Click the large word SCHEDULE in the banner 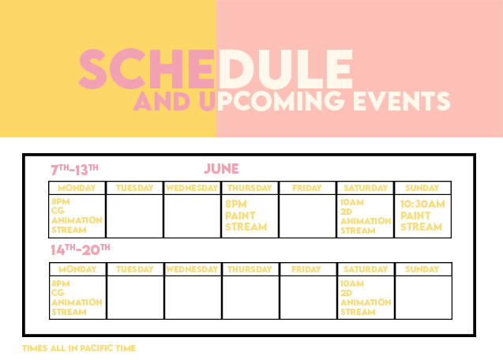point(216,70)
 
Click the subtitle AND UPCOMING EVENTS point(291,101)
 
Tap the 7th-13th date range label point(74,169)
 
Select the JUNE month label point(221,169)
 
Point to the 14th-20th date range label point(80,249)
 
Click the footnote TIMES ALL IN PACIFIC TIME point(79,348)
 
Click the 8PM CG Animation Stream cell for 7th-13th point(77,216)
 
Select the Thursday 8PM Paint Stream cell point(250,216)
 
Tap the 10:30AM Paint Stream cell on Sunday point(422,216)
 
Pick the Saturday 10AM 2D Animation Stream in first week point(366,216)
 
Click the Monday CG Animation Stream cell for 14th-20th point(77,297)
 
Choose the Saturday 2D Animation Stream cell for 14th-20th point(366,297)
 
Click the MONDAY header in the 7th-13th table point(77,188)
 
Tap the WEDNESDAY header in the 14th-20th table point(192,269)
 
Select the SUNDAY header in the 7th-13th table point(422,188)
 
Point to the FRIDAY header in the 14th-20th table point(307,269)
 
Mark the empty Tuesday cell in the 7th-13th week point(134,216)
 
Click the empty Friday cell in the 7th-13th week point(307,216)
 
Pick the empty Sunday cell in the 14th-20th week point(422,297)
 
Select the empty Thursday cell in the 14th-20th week point(250,297)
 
